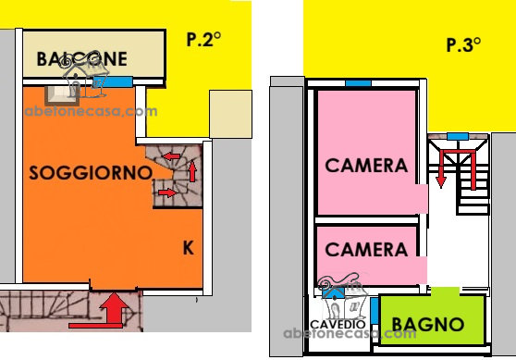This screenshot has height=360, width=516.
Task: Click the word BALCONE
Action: point(82,59)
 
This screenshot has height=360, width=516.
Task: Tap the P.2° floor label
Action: point(203,39)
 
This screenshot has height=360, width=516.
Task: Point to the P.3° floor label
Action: point(463,44)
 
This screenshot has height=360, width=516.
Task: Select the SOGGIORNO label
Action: point(91,172)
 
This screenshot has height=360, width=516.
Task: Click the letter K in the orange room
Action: point(189,248)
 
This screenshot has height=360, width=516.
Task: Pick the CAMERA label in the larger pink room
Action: point(366,165)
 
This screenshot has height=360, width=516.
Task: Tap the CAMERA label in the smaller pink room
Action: point(366,249)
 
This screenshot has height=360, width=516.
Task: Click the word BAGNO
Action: point(428,325)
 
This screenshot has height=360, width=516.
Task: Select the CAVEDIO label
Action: point(338,325)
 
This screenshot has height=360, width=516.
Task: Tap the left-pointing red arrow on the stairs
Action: point(172,156)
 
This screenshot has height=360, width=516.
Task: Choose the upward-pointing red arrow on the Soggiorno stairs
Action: point(192,171)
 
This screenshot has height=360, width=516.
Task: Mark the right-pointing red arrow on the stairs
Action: point(167,192)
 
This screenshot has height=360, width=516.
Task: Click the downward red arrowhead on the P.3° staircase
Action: point(441,182)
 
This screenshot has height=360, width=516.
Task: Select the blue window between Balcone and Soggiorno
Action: point(117,81)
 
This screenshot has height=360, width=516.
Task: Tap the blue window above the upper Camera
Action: point(359,83)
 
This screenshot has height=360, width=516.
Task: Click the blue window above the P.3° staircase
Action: point(458,136)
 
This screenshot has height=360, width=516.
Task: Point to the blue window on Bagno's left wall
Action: point(375,311)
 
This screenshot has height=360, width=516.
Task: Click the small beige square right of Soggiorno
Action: point(230,114)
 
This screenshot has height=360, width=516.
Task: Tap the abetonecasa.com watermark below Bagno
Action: point(350,333)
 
